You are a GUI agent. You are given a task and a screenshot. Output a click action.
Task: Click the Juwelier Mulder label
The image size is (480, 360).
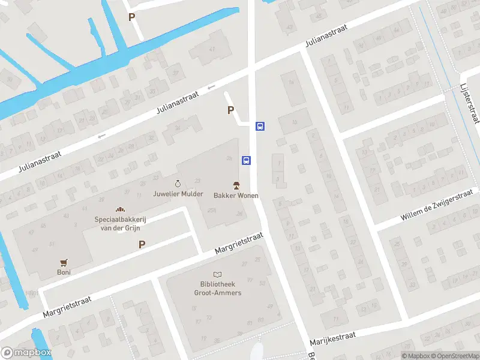[178, 194]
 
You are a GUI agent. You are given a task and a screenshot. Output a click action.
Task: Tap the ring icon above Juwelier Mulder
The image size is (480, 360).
[178, 183]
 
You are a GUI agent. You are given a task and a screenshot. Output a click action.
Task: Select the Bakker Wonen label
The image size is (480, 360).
[236, 196]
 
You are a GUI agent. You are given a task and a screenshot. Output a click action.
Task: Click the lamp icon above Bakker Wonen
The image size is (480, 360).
[236, 184]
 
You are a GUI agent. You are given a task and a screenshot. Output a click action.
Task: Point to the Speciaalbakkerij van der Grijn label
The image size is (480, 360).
[121, 224]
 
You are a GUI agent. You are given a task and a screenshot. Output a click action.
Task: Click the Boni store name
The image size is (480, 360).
[64, 272]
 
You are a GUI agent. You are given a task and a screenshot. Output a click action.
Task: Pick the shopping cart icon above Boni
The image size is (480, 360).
[64, 262]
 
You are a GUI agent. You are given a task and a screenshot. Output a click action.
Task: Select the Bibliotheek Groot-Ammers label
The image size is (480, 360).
[218, 289]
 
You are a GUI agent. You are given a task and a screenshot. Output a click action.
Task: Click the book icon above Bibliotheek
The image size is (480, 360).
[217, 274]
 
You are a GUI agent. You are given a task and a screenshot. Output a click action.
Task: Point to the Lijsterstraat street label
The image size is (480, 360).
[470, 104]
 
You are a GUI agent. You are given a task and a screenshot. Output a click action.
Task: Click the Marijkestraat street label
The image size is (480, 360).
[333, 338]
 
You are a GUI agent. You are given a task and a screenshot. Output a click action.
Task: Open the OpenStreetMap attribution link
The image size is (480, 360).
[454, 356]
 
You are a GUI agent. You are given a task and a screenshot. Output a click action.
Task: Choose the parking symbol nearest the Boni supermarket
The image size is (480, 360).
[142, 244]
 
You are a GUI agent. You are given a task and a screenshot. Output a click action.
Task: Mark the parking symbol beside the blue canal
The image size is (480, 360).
[131, 17]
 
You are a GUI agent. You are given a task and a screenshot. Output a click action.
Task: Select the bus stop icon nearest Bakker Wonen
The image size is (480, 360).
[246, 160]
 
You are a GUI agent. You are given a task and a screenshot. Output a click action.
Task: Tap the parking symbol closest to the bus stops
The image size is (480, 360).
[230, 110]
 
